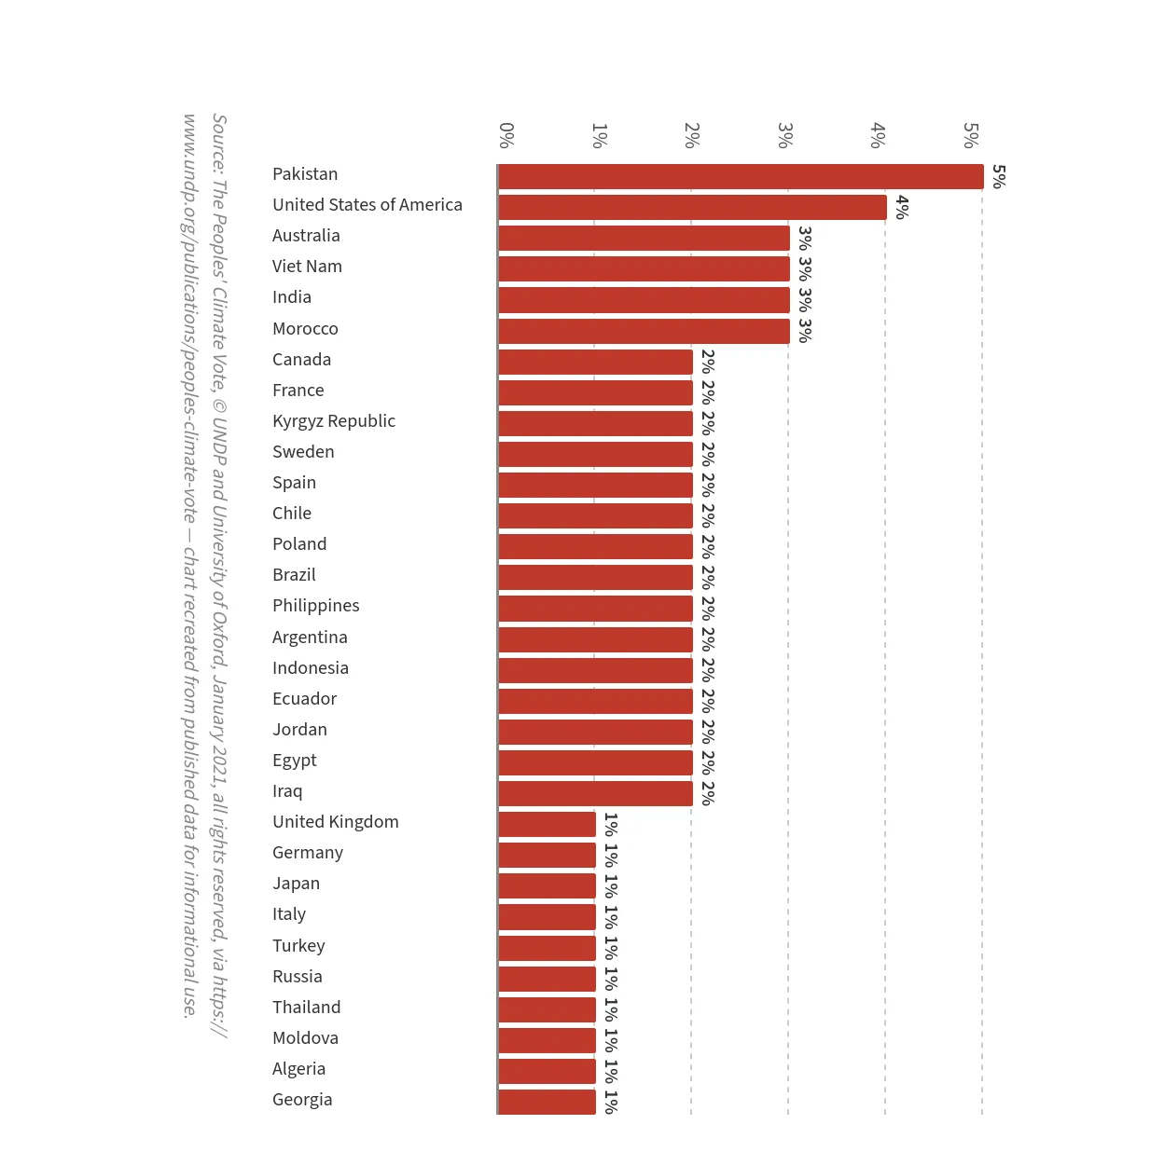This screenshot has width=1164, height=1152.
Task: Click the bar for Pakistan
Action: (741, 176)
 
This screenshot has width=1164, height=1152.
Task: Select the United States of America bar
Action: (692, 207)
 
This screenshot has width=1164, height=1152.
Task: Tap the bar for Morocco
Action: (644, 331)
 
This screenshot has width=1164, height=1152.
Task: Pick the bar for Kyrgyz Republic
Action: (596, 423)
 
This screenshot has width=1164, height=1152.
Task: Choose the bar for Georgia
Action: (547, 1102)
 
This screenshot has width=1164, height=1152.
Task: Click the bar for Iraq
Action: (596, 793)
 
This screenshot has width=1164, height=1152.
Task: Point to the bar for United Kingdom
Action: (547, 824)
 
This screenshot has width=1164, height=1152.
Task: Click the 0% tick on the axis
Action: (506, 135)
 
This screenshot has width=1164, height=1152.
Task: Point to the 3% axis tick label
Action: (784, 135)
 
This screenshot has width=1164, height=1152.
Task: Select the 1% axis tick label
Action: (599, 135)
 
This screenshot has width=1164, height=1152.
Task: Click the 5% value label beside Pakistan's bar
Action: (999, 176)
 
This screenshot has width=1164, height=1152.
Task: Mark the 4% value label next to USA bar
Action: (903, 207)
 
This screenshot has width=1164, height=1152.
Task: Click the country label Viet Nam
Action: (307, 267)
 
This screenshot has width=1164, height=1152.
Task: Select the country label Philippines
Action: (316, 606)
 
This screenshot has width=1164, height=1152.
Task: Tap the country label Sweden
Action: (303, 452)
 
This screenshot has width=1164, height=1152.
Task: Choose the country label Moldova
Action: (305, 1038)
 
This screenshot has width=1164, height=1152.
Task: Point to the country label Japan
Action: (296, 884)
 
